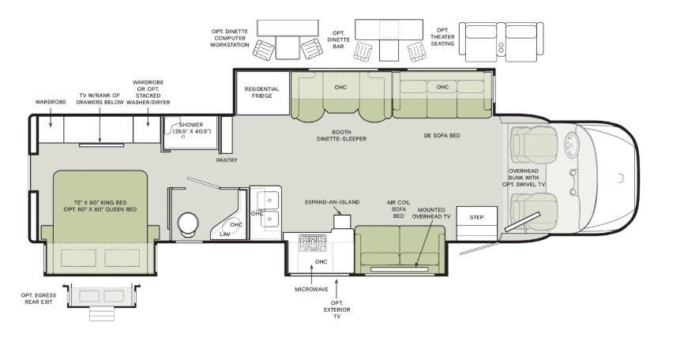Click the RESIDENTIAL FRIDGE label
pos(261,93)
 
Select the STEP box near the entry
pos(476,216)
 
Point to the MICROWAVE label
pos(311,289)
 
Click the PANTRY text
pos(227,160)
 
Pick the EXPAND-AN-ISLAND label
pos(333,202)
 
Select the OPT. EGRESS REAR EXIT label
pos(37,298)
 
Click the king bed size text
pos(100,205)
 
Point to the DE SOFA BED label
pos(442,135)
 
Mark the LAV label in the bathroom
pos(225,234)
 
